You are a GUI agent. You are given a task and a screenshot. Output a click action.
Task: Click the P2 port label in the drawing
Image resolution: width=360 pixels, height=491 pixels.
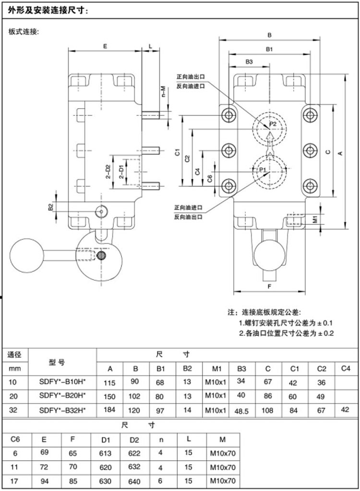273,124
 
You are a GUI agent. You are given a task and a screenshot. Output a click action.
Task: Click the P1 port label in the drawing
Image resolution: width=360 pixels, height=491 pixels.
263,170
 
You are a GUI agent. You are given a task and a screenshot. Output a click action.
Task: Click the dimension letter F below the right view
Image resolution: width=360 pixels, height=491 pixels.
269,287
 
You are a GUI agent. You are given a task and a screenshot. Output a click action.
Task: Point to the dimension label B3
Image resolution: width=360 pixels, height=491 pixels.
249,61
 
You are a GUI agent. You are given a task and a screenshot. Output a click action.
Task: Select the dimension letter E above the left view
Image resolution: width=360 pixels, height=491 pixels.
105,46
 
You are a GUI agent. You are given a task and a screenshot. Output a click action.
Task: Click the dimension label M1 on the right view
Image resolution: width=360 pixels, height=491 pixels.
315,220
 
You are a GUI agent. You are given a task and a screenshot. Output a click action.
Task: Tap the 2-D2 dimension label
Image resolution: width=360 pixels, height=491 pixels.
109,172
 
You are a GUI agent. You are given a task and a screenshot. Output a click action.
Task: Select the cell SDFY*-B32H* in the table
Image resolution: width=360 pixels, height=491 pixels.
62,409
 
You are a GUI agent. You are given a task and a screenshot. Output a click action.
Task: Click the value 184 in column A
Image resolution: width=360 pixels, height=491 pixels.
110,411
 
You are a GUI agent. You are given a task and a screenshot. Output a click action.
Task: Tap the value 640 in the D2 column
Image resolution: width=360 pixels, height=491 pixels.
135,481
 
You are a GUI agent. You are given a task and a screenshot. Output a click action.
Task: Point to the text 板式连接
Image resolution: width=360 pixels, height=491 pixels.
24,32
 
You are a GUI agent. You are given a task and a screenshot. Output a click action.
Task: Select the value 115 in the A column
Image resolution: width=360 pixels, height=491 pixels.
110,383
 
